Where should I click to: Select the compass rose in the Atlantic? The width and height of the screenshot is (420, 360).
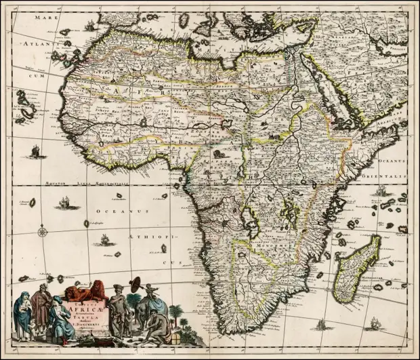pyautogui.click(x=43, y=233)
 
